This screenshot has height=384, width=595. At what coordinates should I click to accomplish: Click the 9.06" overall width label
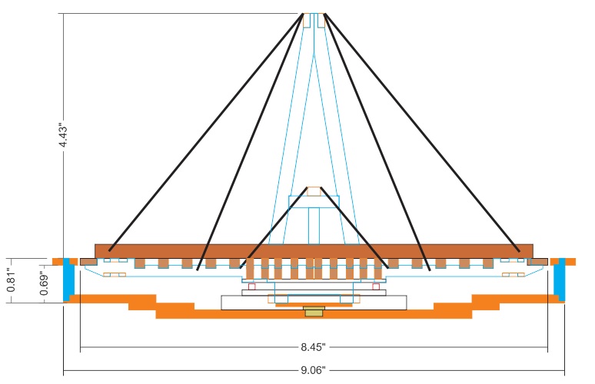(314, 370)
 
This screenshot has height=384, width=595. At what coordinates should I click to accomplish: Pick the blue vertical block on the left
(68, 278)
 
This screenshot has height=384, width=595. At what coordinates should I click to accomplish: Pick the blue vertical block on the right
(560, 278)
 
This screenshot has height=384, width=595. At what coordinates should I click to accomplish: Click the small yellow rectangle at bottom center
(314, 312)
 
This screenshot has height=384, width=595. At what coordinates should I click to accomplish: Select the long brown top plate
(314, 251)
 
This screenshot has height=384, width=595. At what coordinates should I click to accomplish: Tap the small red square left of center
(251, 286)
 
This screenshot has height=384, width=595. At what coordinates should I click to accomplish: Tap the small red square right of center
(375, 286)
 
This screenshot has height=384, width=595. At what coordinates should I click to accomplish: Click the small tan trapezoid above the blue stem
(314, 191)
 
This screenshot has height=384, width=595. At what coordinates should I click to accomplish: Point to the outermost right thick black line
(421, 131)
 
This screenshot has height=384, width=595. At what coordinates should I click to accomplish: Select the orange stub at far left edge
(56, 261)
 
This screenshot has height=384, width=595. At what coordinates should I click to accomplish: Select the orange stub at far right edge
(570, 261)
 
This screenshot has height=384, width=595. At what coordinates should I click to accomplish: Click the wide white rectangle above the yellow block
(314, 302)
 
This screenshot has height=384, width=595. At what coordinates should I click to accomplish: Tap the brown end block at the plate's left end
(88, 262)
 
